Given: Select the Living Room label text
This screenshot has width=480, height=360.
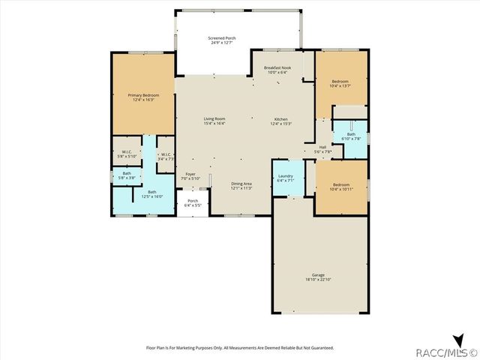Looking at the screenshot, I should tap(214, 118).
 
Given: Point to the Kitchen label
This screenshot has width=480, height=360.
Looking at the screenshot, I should tap(280, 119).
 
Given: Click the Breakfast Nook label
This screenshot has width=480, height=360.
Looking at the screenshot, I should tap(276, 67).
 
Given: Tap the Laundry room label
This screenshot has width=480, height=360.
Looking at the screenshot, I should tap(285, 175).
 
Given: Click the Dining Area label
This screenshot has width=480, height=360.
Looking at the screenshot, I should tap(241, 184).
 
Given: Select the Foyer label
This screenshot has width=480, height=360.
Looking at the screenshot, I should tap(190, 174).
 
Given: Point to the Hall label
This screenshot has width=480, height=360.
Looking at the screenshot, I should tap(322, 147).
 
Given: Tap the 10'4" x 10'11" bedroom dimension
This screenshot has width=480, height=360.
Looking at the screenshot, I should tap(341, 188).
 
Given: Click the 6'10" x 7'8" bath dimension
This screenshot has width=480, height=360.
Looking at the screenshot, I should tap(351, 139).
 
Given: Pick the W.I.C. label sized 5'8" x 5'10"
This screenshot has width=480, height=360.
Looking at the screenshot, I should tap(127, 156).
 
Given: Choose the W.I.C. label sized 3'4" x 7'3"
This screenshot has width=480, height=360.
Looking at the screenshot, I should tap(166, 158).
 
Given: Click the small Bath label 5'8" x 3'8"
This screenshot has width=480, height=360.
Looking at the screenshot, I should tap(127, 178).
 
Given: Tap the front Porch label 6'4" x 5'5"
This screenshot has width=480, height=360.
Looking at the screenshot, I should tap(193, 204).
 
